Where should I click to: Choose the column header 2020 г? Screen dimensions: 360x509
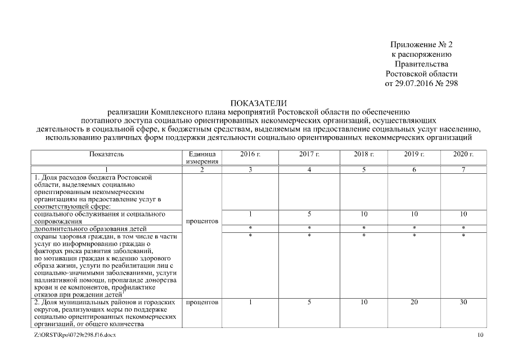tap(463, 154)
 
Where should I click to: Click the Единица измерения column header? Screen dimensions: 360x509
tap(200, 157)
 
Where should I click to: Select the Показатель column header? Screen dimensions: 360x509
tap(106, 154)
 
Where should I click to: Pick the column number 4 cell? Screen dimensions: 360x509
tap(309, 169)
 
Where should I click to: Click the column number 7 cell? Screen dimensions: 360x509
tap(463, 169)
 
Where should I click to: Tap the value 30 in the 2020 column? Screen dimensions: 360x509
tap(463, 302)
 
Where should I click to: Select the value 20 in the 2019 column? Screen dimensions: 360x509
tap(414, 302)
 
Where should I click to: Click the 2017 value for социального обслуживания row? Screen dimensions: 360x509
tap(309, 214)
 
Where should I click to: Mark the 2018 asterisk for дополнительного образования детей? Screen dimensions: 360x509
tap(364, 228)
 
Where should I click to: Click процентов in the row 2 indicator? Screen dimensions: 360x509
tap(200, 303)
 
